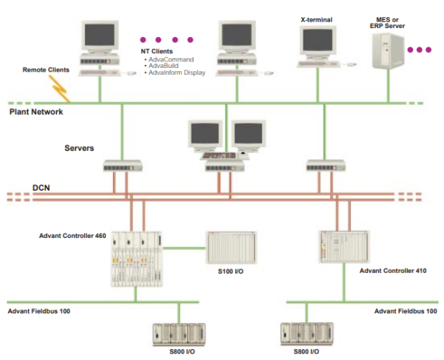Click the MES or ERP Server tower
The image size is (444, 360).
click(x=390, y=50)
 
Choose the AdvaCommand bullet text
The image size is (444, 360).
click(x=172, y=58)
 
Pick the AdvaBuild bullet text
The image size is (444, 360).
click(x=165, y=66)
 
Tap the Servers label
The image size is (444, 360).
click(x=79, y=148)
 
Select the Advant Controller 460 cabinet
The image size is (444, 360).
click(x=135, y=259)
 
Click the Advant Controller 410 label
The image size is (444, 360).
click(x=392, y=271)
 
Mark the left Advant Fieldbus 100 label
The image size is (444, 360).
click(x=39, y=311)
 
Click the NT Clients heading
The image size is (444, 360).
click(x=157, y=51)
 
